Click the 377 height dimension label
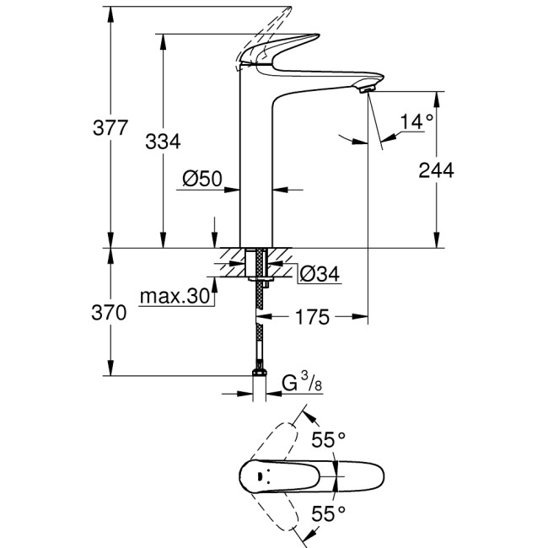110,129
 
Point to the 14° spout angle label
416,121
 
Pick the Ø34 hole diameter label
320,273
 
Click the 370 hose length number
110,313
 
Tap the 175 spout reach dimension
312,317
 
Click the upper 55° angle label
329,439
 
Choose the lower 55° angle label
329,512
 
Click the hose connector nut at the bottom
259,377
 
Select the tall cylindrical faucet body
258,169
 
